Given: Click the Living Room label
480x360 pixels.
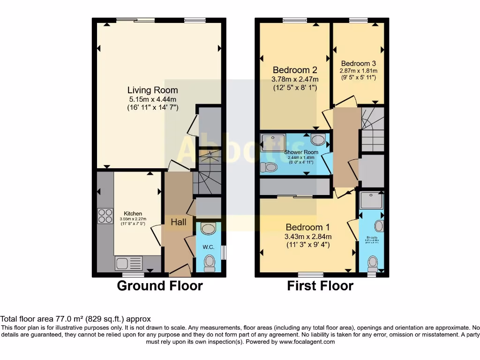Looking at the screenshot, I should [x=152, y=90].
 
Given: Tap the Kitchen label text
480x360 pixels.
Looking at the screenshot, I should [x=133, y=213].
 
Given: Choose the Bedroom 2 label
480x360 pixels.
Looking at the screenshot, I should [x=295, y=70].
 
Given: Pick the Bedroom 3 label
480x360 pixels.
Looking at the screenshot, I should [x=358, y=63].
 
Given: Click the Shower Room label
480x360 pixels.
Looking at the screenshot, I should [x=301, y=152].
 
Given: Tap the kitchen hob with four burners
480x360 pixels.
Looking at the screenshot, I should [x=105, y=216].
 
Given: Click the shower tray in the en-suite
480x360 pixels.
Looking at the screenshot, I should [x=371, y=201].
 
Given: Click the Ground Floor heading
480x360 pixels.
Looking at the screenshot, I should [x=160, y=285].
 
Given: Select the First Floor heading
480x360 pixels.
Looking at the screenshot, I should [x=320, y=285].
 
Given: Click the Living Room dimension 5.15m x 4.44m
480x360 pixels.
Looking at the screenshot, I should [x=152, y=99].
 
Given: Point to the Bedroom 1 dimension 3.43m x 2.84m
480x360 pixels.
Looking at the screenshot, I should [x=308, y=236].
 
